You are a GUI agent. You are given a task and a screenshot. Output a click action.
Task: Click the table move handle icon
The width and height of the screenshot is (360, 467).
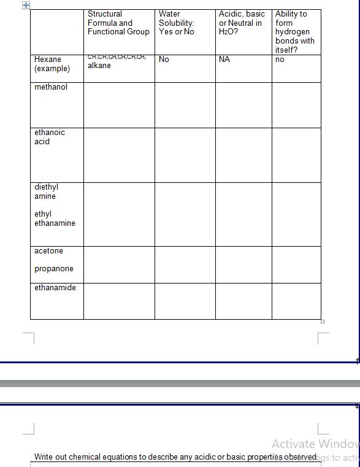[x=26, y=5]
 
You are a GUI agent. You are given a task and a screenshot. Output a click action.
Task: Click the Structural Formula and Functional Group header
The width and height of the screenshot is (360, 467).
[x=118, y=23]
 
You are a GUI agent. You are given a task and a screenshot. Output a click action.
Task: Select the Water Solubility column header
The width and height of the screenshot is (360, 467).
[x=176, y=23]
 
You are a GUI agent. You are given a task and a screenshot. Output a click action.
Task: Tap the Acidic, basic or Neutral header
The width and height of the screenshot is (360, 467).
[x=241, y=23]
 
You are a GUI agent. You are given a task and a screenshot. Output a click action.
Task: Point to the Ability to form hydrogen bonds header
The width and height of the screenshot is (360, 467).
[x=294, y=32]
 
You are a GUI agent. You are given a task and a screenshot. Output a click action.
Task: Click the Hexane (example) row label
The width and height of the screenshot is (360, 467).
[x=52, y=64]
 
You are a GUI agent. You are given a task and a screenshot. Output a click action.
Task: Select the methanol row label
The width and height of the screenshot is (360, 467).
[x=51, y=87]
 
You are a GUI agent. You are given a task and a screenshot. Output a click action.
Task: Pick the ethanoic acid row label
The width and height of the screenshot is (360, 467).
[x=49, y=137]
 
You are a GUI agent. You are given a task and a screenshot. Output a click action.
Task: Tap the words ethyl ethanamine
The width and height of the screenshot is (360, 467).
[x=55, y=218]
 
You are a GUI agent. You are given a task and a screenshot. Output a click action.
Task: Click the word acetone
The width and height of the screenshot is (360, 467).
[x=48, y=251]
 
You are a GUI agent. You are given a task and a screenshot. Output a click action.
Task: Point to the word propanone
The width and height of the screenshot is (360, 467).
[x=54, y=269]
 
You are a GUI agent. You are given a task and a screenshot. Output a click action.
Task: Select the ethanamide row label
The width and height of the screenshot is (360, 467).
[x=55, y=288]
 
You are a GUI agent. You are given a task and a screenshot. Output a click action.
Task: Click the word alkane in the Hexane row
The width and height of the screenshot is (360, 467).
[x=99, y=66]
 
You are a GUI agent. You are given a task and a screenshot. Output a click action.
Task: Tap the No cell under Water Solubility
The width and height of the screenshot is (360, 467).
[x=164, y=60]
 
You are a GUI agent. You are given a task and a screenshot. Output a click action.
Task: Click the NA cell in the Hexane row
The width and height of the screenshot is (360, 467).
[x=224, y=60]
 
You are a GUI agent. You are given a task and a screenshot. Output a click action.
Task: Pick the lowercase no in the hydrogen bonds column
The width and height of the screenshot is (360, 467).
[x=280, y=60]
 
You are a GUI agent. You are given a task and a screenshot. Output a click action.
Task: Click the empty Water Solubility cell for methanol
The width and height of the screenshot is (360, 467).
[x=185, y=105]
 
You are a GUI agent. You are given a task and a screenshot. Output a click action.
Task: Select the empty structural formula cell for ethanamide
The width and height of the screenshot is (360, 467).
[x=119, y=301]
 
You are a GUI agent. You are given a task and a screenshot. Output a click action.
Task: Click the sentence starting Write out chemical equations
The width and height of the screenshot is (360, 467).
[x=175, y=457]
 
